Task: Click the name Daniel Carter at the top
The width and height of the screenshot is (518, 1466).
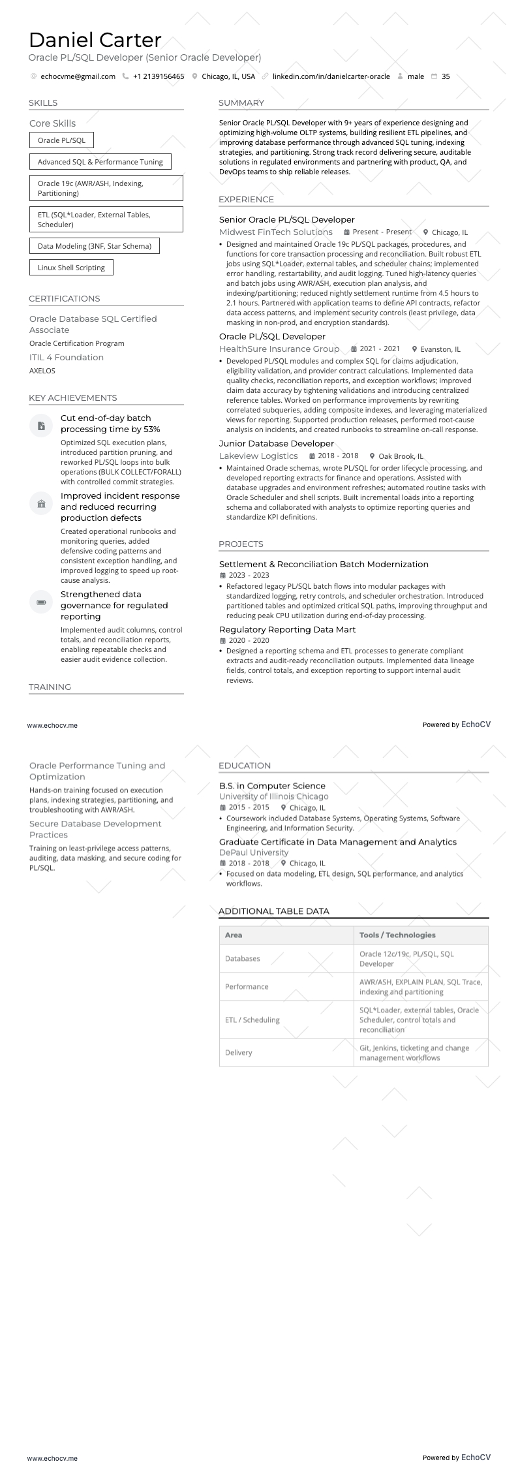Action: pos(95,40)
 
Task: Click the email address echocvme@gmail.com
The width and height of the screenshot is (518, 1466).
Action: pos(78,76)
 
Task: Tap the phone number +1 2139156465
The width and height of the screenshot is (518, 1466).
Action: pos(158,76)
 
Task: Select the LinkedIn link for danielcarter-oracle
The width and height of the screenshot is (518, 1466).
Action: pos(331,76)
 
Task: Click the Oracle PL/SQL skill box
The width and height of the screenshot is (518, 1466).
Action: pos(61,140)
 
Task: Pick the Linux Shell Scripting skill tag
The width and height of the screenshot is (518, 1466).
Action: pos(71,268)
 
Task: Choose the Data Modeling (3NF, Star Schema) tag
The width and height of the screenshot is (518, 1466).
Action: pos(94,246)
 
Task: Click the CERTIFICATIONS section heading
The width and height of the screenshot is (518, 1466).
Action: pos(64,298)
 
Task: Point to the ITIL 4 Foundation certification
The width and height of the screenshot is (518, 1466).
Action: pos(67,357)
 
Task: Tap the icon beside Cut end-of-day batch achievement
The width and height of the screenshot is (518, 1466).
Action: pos(41,426)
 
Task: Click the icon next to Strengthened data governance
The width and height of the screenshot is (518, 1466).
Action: pos(41,602)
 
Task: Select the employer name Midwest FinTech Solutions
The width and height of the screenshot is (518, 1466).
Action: pos(276,232)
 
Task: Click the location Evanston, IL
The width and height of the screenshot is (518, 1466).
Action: pos(440,349)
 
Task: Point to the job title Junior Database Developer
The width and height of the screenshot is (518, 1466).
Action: pos(276,443)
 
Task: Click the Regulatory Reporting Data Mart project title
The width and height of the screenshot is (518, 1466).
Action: pos(287,629)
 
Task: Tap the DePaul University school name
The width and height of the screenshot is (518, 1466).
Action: pos(253,852)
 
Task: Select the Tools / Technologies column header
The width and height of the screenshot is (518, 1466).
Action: pos(397,935)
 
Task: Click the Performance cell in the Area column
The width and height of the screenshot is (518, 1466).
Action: pos(247,986)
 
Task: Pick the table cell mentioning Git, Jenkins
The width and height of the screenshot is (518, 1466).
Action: pos(414,1052)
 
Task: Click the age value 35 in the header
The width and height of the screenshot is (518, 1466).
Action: pos(446,76)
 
